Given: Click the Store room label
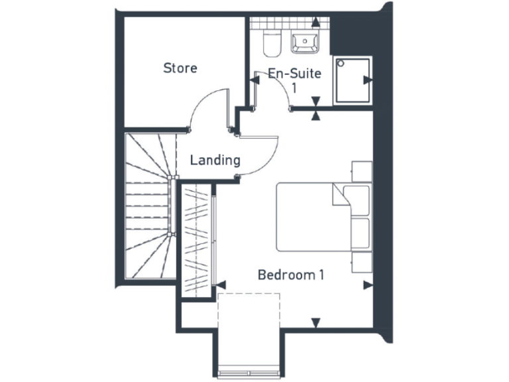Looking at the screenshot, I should pyautogui.click(x=180, y=68).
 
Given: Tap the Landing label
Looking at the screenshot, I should pyautogui.click(x=215, y=160).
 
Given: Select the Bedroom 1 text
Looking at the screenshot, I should pyautogui.click(x=291, y=275).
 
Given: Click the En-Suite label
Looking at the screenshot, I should pyautogui.click(x=294, y=74).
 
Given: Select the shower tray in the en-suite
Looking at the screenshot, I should pyautogui.click(x=353, y=80).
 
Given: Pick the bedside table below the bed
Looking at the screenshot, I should pyautogui.click(x=362, y=262).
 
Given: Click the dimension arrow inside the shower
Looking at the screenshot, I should pyautogui.click(x=367, y=80).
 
